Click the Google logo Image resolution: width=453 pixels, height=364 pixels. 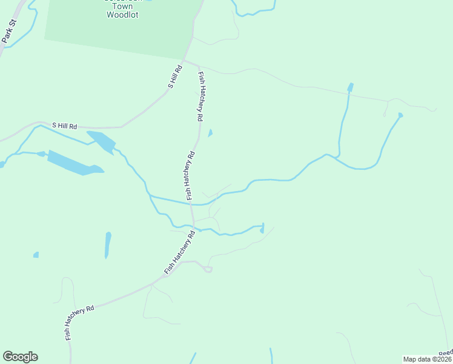[20, 357]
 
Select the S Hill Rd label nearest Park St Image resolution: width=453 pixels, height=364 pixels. [65, 126]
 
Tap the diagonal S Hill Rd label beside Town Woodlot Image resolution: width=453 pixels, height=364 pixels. [174, 78]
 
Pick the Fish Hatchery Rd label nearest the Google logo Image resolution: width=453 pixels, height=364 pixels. [79, 322]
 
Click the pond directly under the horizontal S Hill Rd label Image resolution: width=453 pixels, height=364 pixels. [101, 141]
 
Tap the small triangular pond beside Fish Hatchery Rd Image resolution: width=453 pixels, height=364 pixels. [210, 133]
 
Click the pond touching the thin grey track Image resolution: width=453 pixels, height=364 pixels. [349, 88]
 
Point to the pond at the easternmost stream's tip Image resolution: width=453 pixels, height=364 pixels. [400, 115]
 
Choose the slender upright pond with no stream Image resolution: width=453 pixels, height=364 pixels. [108, 244]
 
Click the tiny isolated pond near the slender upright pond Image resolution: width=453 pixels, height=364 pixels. [36, 255]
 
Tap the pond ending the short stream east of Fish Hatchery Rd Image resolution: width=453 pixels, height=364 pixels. [262, 229]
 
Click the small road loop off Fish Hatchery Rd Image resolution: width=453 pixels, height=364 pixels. [208, 268]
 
